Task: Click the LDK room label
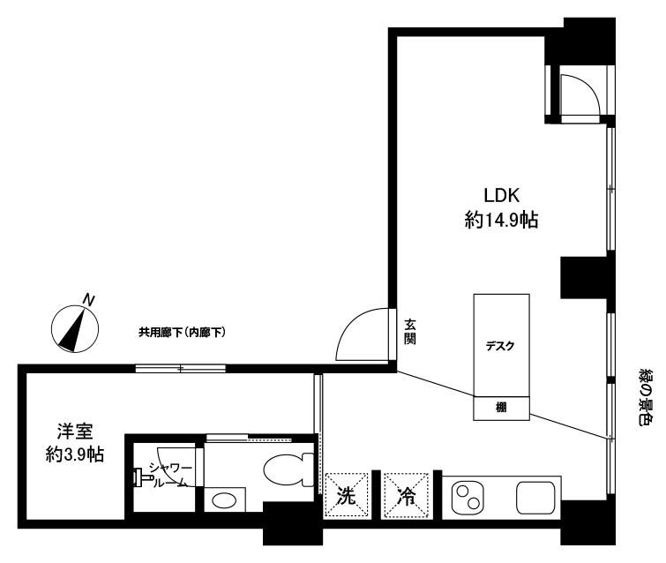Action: click(502, 195)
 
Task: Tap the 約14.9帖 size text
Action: click(501, 220)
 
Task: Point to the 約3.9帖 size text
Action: click(75, 454)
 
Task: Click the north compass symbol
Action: click(75, 329)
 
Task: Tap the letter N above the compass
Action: click(89, 299)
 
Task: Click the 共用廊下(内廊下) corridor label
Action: click(182, 332)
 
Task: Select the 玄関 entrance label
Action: click(410, 332)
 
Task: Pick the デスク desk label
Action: click(500, 346)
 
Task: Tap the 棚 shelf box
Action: click(502, 408)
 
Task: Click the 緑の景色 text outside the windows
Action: click(646, 397)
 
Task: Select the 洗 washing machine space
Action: click(346, 495)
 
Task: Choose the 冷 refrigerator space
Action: click(406, 495)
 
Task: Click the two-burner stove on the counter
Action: click(468, 496)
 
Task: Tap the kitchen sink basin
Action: click(535, 497)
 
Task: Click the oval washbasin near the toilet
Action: click(224, 500)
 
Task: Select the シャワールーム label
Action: click(170, 475)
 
